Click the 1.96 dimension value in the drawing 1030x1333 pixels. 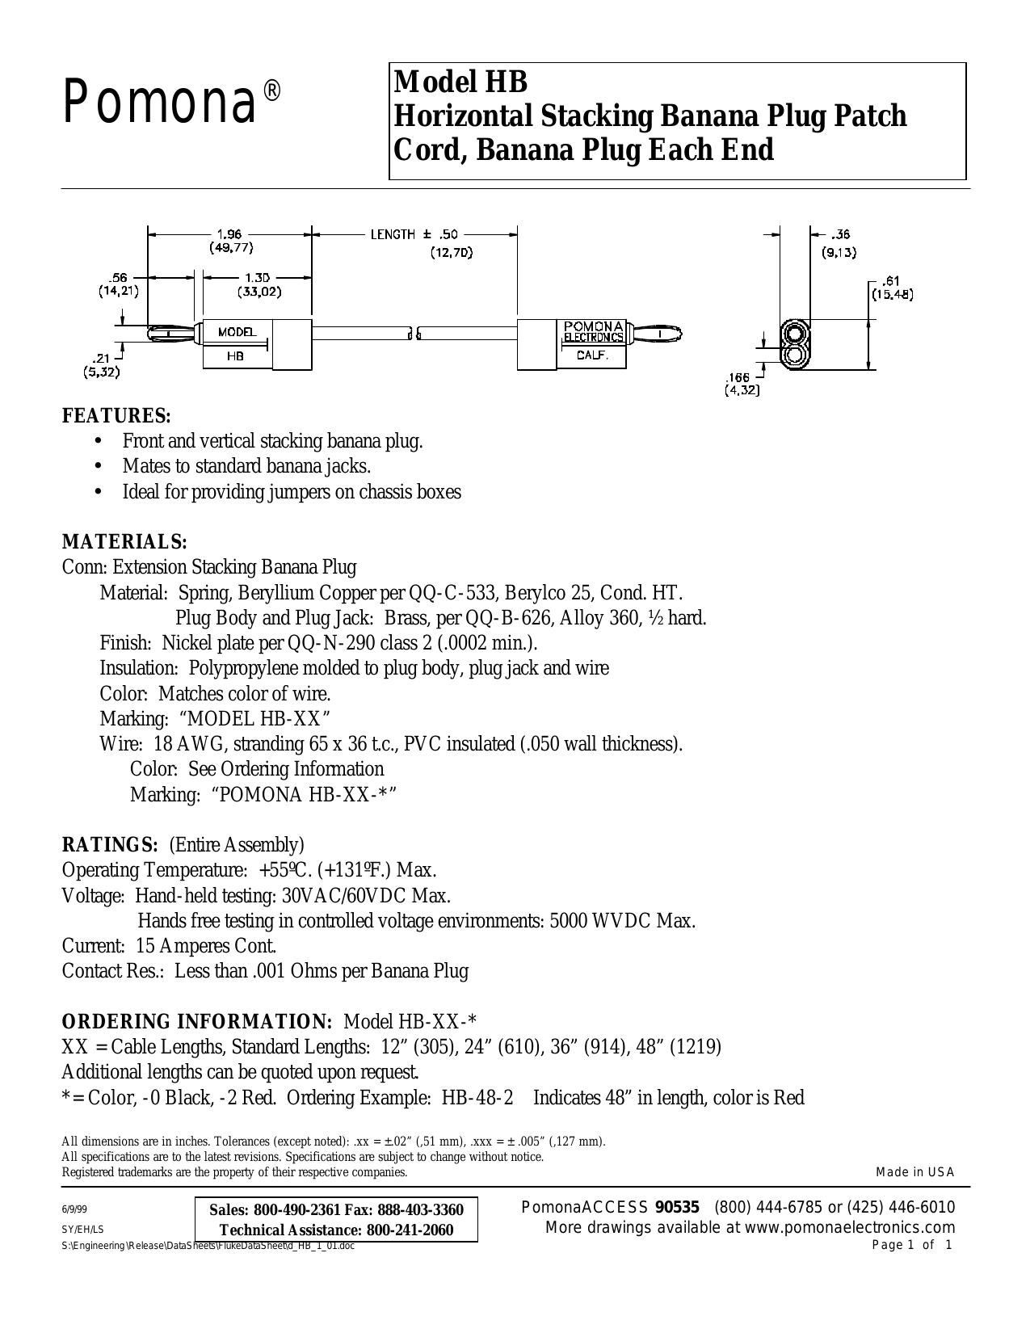point(229,233)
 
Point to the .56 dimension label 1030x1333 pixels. point(119,277)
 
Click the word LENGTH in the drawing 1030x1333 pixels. point(393,234)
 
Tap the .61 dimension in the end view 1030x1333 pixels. point(892,282)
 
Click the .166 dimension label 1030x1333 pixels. point(738,377)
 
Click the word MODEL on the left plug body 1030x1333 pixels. point(238,332)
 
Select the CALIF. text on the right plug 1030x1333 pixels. point(592,355)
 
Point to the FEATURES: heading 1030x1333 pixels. point(116,415)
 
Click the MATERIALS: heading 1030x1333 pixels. point(124,541)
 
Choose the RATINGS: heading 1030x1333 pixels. point(111,845)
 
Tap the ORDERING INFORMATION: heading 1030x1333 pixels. point(197,1021)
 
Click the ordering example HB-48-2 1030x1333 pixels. point(477,1097)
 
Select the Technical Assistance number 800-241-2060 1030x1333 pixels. point(410,1230)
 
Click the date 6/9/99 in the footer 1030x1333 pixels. point(74,1210)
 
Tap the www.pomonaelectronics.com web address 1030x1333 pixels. point(850,1227)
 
